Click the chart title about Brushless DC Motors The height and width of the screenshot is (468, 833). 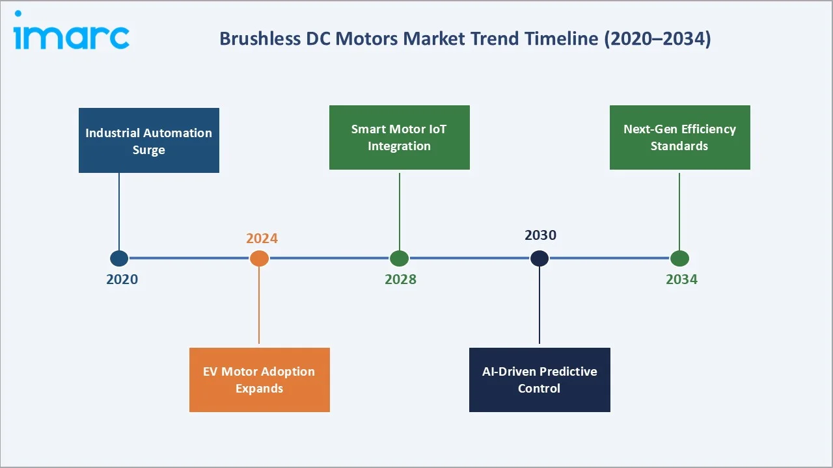point(465,38)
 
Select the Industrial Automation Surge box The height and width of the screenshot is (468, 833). point(149,140)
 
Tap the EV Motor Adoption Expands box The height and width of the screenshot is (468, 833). point(259,380)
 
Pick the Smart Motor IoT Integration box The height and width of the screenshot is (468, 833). point(399,137)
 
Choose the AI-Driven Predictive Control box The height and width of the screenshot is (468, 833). point(539,380)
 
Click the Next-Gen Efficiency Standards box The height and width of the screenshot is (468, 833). point(679,137)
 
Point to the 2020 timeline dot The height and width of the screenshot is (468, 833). point(119,259)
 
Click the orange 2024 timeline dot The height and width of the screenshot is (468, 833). point(259,259)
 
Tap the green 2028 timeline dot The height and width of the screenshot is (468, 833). point(399,259)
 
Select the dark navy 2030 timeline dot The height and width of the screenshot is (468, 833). point(539,259)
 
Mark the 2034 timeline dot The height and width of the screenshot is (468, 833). point(679,259)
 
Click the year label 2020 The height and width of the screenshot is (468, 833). point(122,279)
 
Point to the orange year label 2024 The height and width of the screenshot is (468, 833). point(262,239)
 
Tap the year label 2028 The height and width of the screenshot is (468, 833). point(400,279)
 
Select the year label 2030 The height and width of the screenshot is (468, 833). point(540,235)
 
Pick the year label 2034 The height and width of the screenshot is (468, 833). point(681,279)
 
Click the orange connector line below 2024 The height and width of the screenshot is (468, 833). point(259,305)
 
